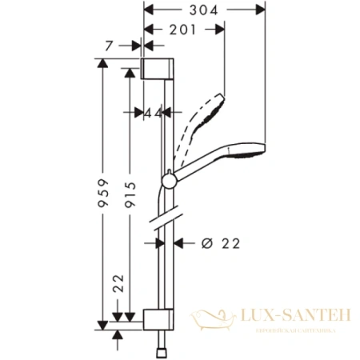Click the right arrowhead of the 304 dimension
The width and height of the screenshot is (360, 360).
(260, 10)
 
